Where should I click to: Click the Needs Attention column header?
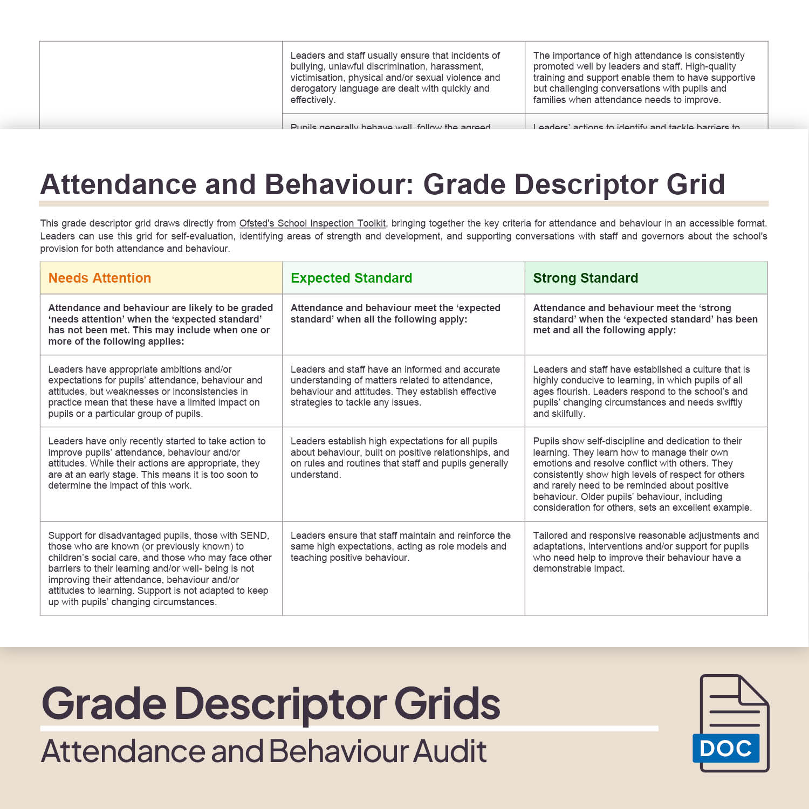coord(100,278)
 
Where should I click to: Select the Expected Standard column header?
coord(351,278)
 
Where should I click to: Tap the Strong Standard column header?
coord(585,278)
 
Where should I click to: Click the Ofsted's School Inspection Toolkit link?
coord(312,223)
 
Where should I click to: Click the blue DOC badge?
coord(725,748)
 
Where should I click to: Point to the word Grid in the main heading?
coord(695,184)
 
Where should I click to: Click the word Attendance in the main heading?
coord(118,184)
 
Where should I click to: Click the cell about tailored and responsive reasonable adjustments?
coord(646,552)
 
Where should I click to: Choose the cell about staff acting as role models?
coord(400,546)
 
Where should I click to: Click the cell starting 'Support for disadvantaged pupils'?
coord(160,568)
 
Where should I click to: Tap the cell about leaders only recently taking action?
coord(156,463)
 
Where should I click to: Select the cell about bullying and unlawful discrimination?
coord(395,77)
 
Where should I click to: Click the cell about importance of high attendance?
coord(644,77)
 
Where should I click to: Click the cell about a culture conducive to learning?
coord(641,391)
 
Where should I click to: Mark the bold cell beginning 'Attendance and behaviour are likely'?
coord(160,324)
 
